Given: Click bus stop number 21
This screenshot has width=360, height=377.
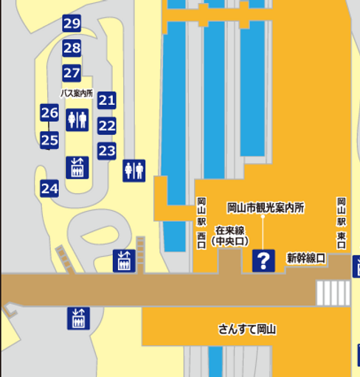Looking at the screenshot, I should [x=107, y=100].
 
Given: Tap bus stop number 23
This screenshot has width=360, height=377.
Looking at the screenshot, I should [x=107, y=151].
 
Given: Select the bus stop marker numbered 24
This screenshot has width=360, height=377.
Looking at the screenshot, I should [x=49, y=188].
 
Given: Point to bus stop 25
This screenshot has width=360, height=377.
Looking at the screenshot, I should [x=49, y=139].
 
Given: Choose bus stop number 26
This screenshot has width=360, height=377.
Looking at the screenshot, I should [x=49, y=113].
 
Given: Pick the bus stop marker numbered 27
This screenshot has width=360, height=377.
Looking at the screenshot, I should [x=72, y=73].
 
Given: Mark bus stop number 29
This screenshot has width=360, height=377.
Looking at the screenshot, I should [x=72, y=24].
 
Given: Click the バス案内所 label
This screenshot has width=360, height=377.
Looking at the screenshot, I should [x=77, y=93].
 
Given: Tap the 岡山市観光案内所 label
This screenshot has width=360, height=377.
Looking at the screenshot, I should [x=266, y=208].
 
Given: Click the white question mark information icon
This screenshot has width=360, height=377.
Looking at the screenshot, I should [x=263, y=260].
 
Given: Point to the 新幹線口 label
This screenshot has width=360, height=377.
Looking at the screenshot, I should [x=305, y=257].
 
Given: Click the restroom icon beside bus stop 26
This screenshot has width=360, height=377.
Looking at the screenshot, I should [x=77, y=120].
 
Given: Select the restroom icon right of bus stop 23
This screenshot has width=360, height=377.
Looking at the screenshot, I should [x=134, y=170].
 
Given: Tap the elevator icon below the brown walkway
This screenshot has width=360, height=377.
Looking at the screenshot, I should [x=78, y=319].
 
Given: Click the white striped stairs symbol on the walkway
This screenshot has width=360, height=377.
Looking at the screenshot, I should [x=333, y=293].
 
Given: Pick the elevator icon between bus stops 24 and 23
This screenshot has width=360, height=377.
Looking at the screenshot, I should [x=77, y=167].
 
